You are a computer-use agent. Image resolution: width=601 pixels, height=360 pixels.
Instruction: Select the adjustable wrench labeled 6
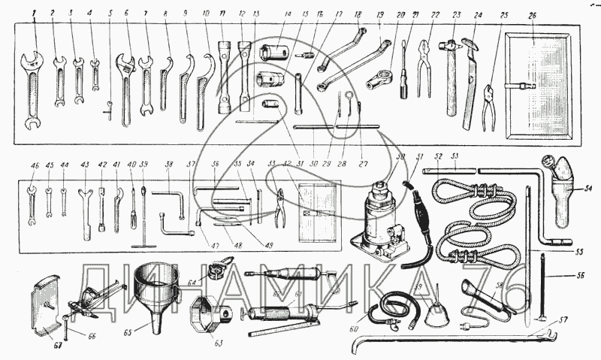(x=125, y=83)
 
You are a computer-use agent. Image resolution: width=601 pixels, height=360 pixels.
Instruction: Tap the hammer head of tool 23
(x=452, y=47)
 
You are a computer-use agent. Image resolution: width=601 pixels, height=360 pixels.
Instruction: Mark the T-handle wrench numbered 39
(x=142, y=222)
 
